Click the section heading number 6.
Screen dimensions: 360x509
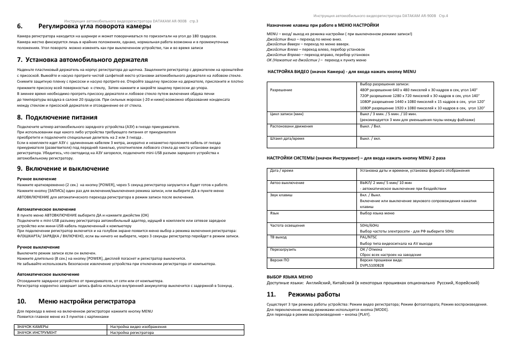pyautogui.click(x=20, y=26)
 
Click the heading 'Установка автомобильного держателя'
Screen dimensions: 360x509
pyautogui.click(x=93, y=60)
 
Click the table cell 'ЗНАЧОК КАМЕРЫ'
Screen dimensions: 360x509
pyautogui.click(x=33, y=326)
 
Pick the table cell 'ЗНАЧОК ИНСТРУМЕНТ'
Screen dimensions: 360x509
pyautogui.click(x=37, y=332)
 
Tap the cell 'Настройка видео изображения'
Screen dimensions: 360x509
pyautogui.click(x=138, y=326)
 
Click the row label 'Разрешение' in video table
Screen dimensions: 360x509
pyautogui.click(x=281, y=90)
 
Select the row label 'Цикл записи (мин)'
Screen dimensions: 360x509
pyautogui.click(x=287, y=114)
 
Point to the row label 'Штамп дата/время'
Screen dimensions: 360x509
pyautogui.click(x=288, y=138)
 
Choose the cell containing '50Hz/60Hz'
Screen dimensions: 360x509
pyautogui.click(x=369, y=225)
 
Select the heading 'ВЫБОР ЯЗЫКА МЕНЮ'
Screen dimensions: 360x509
pyautogui.click(x=289, y=277)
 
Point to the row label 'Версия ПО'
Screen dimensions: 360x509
pyautogui.click(x=280, y=260)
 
